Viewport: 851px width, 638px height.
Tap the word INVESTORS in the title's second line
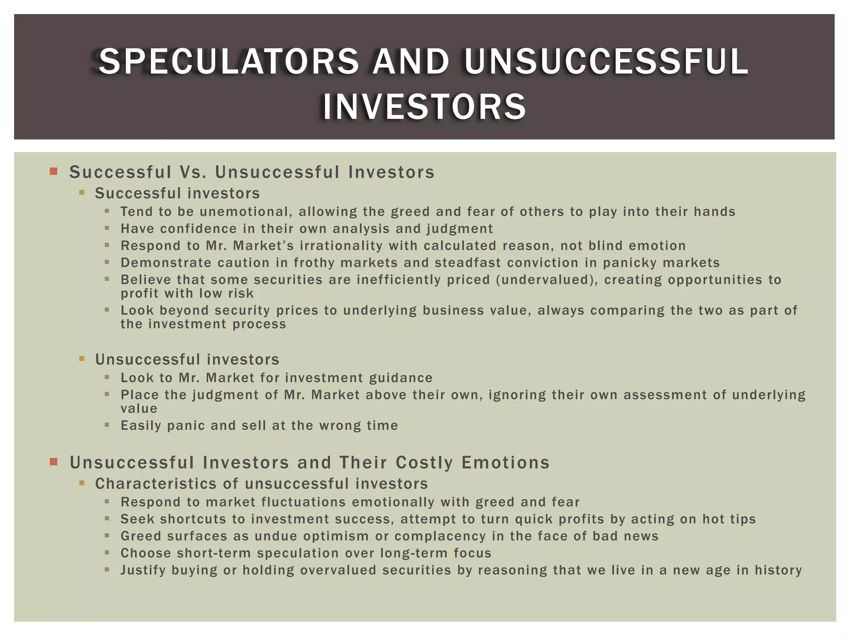(424, 107)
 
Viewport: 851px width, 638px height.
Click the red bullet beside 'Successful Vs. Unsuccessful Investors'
(53, 171)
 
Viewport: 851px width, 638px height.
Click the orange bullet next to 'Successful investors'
(82, 193)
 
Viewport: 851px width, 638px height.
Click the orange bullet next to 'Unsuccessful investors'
(82, 358)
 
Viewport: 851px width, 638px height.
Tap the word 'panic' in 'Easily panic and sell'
(186, 426)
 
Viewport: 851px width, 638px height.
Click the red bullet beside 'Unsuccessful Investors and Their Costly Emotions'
(53, 461)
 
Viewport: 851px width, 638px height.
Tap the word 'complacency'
(440, 536)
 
